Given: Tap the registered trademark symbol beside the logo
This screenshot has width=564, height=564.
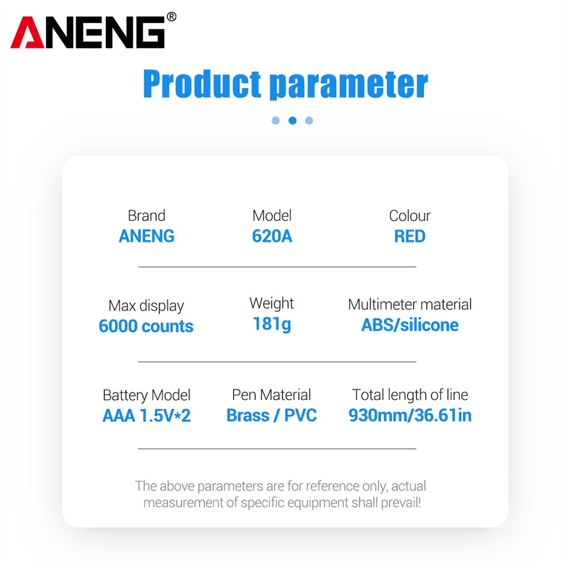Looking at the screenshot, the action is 171,16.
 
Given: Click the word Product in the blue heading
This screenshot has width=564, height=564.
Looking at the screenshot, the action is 202,84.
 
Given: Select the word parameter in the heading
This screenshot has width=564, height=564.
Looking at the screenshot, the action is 349,85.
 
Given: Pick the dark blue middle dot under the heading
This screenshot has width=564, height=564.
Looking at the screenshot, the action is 292,121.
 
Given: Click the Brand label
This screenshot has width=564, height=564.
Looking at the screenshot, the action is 147,216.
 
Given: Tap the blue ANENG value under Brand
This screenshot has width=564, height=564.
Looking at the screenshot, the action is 147,236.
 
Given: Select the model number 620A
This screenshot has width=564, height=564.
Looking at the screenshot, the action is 272,236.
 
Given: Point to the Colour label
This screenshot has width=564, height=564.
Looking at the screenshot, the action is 409,216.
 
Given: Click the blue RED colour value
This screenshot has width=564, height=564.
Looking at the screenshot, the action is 409,236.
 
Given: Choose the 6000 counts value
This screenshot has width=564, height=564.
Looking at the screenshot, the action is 146,326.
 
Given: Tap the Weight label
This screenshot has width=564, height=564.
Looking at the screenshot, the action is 272,303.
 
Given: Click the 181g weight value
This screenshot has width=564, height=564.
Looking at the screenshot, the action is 272,324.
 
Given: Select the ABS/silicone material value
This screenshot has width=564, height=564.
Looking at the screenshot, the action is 409,325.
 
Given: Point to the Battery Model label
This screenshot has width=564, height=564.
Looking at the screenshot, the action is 147,395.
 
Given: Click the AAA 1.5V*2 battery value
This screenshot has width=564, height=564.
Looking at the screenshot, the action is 147,416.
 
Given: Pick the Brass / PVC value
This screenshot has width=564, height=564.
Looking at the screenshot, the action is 272,416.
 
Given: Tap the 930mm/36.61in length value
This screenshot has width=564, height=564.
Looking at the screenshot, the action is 409,416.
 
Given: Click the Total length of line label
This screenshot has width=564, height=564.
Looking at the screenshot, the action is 409,395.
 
